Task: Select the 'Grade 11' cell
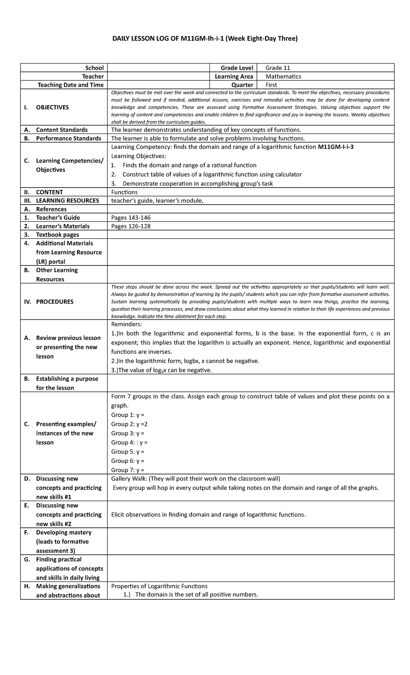coord(278,68)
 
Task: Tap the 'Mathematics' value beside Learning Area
coord(283,76)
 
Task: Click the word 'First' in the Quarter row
coord(271,85)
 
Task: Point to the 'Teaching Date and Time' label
coord(70,85)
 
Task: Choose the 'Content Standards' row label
coord(61,130)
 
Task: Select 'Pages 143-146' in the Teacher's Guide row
coord(131,218)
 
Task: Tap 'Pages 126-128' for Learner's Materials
coord(131,226)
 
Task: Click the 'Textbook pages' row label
coord(57,235)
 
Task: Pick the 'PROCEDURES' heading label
coord(55,302)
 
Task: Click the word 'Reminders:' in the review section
coord(126,324)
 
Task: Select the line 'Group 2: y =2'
coord(129,424)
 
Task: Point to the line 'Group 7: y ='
coord(128,470)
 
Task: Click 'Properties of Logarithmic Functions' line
coord(159,586)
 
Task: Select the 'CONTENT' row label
coord(49,192)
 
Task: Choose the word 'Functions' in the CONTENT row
coord(124,192)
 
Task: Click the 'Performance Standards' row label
coord(68,138)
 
